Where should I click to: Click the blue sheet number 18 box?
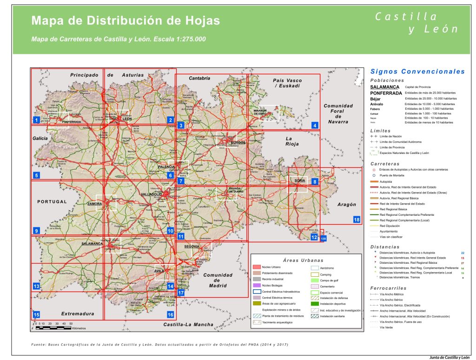point(357,220)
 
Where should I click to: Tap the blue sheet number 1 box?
point(36,120)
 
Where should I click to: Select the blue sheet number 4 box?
point(315,126)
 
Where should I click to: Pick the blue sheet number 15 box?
point(36,315)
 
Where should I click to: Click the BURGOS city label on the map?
point(238,142)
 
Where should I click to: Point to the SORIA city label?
point(299,180)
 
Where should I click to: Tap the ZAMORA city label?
point(95,204)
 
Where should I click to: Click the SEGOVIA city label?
point(192,246)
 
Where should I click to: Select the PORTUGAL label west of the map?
point(52,202)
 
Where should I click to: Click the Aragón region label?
point(347,204)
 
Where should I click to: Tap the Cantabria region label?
point(199,78)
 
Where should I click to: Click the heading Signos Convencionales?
point(417,72)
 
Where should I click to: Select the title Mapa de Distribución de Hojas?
point(126,21)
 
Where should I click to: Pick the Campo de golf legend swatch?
point(315,280)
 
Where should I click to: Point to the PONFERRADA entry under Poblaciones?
point(386,93)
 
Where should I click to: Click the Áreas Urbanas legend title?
point(303,260)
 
